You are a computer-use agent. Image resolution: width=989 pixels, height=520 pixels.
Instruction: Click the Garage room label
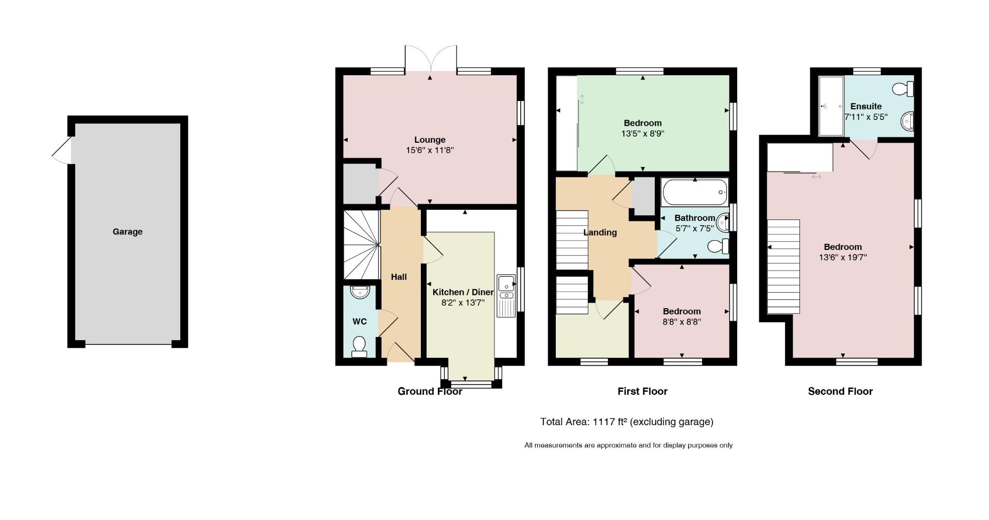[128, 232]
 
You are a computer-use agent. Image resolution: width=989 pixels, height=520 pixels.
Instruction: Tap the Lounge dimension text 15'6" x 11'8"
[430, 150]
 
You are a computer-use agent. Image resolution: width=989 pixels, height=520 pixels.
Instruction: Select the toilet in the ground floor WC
[359, 346]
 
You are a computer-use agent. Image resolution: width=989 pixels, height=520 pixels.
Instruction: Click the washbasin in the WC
[360, 292]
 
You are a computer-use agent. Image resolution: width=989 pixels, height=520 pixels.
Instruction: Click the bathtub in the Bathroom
[695, 192]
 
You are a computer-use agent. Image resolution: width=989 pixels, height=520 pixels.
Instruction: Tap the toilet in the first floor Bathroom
[719, 246]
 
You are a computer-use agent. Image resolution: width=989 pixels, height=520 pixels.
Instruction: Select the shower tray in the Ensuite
[831, 106]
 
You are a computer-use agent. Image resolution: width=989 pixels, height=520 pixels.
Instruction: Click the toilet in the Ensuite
[903, 89]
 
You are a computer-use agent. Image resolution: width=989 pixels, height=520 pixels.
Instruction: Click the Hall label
[399, 277]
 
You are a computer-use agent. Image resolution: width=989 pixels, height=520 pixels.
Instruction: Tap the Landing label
[600, 232]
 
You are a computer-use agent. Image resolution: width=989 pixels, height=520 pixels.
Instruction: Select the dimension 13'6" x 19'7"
[843, 257]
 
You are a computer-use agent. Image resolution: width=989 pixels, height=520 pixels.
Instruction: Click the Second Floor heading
[840, 391]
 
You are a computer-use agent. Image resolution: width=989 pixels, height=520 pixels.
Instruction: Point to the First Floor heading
[642, 391]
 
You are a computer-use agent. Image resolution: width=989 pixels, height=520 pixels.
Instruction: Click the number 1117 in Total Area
[604, 422]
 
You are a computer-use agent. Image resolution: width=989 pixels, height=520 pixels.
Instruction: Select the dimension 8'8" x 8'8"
[681, 322]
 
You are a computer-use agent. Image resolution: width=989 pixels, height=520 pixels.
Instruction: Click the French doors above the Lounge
[431, 59]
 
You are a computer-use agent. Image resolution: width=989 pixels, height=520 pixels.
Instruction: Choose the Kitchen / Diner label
[463, 292]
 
